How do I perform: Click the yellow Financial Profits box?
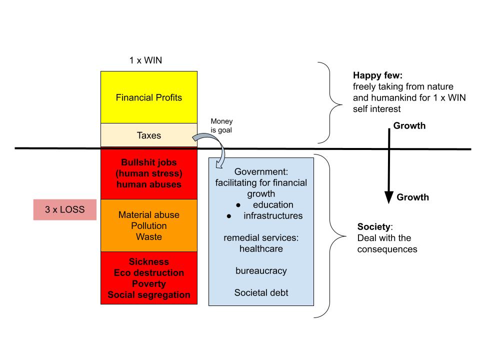(148, 97)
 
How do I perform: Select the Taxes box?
(148, 135)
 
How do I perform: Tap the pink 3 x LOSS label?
(64, 210)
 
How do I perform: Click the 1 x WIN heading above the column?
(145, 60)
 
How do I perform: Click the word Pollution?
(148, 226)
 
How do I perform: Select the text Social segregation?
(148, 295)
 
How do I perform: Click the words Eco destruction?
(148, 273)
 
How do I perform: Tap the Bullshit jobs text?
(148, 162)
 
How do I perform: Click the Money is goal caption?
(221, 125)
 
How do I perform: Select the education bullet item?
(272, 204)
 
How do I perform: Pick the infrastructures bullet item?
(273, 216)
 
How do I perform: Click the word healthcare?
(261, 248)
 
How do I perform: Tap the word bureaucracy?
(261, 270)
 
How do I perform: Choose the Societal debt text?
(261, 292)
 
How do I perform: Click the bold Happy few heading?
(377, 75)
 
